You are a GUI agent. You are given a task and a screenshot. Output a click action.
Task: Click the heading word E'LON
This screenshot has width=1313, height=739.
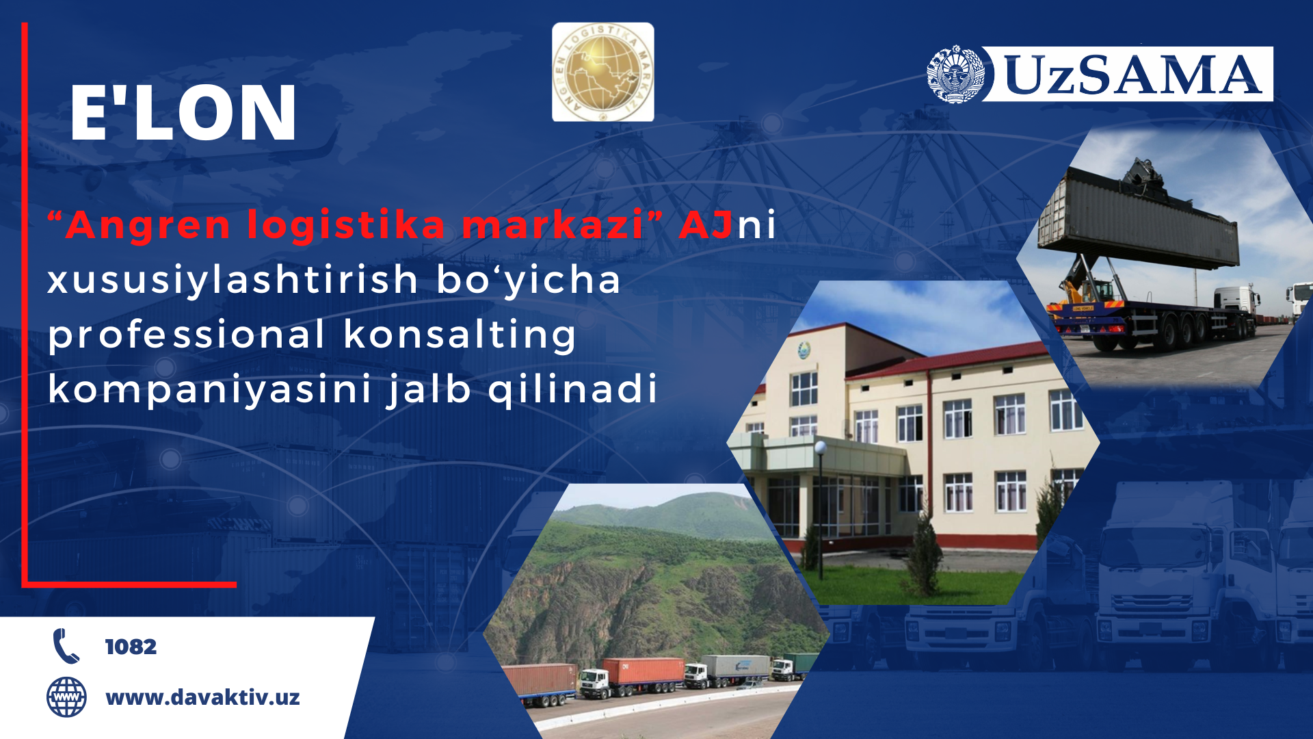click(183, 113)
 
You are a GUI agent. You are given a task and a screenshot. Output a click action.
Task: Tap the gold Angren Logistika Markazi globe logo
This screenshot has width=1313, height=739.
click(602, 72)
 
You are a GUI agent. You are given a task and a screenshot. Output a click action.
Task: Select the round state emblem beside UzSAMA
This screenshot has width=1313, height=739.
click(955, 75)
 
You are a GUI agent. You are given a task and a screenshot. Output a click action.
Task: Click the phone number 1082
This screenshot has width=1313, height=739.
click(131, 647)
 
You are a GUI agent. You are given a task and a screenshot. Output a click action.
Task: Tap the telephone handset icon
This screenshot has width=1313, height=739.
click(66, 646)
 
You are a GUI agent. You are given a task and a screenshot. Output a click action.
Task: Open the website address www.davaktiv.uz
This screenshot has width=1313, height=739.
click(202, 697)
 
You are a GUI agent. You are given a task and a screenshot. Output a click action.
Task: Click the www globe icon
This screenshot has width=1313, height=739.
click(66, 697)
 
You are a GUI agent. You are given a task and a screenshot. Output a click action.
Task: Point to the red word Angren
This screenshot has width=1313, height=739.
click(148, 226)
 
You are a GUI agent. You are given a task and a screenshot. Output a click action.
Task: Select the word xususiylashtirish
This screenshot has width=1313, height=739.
click(233, 280)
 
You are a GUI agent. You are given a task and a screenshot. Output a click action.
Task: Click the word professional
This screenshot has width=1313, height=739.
click(186, 335)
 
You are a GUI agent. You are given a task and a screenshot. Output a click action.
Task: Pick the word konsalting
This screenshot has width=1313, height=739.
click(460, 335)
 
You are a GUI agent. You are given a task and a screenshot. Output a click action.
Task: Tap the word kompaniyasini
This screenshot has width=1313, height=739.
click(209, 389)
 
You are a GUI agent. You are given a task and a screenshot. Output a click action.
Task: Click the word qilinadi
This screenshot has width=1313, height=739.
click(572, 389)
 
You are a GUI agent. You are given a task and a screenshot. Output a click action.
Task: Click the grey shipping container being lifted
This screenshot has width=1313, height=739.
click(1138, 218)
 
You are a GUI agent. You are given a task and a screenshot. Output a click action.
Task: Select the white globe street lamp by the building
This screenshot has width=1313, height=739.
click(821, 448)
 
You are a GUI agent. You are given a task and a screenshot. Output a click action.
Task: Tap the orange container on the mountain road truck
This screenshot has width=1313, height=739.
click(643, 671)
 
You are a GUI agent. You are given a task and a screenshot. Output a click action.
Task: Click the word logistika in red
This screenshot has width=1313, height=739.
click(346, 226)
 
